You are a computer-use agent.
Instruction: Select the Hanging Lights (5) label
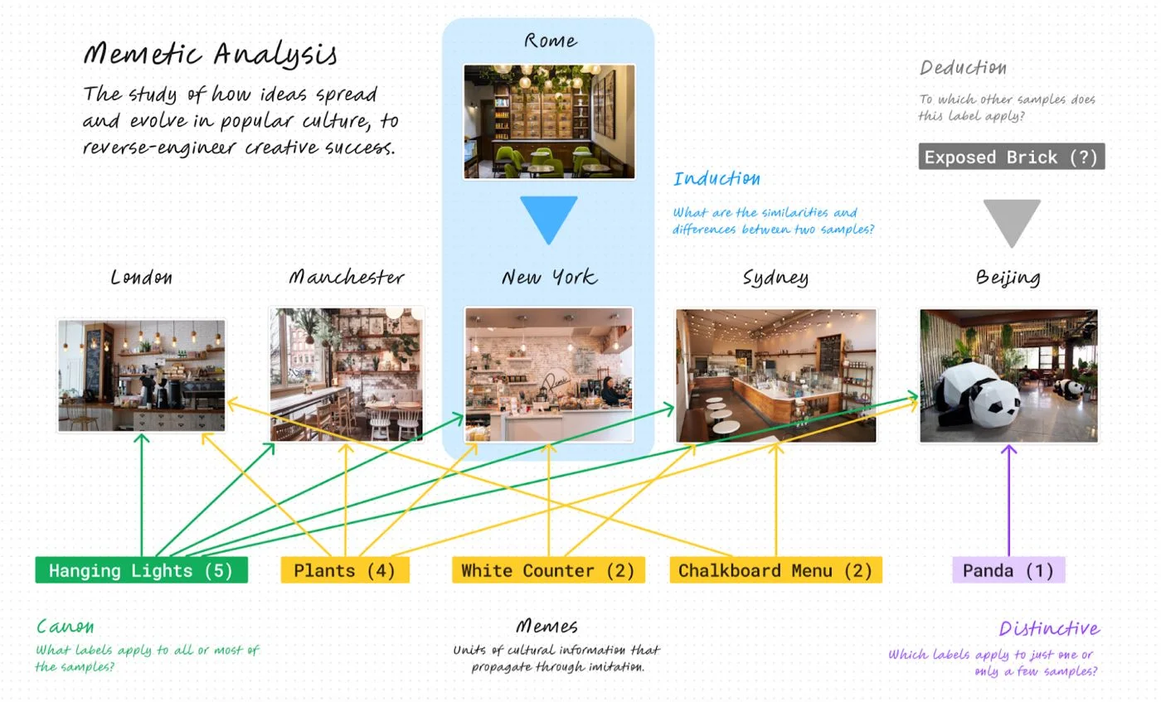coord(142,570)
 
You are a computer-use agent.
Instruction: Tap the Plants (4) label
coord(345,570)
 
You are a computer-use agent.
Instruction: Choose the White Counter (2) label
coord(548,570)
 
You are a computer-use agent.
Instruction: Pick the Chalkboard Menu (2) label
coord(776,570)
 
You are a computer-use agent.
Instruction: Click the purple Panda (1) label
coord(1008,570)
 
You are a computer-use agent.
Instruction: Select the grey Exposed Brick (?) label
coord(1012,157)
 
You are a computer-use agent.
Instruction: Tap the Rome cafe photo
coord(549,122)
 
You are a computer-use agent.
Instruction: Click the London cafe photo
coord(142,375)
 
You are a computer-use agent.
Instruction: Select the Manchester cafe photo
coord(347,375)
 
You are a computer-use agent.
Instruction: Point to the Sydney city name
coord(775,278)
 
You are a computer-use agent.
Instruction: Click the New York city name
coord(549,278)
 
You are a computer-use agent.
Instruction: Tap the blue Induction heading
coord(717,179)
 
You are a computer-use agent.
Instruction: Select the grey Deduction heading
coord(963,68)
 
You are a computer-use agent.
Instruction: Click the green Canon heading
coord(66,627)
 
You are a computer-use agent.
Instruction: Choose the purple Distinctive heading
coord(1049,628)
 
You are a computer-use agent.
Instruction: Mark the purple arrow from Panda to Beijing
coord(1008,501)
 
